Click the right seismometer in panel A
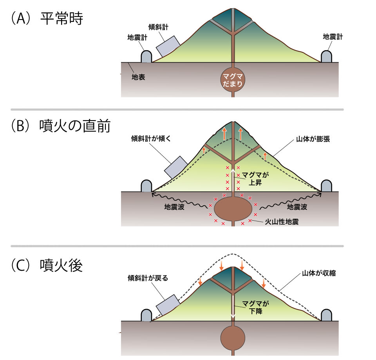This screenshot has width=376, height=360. pos(327,57)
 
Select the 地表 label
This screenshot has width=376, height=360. pos(138,77)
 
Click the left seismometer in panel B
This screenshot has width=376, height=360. pos(146,186)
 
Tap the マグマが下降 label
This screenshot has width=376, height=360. pos(256,308)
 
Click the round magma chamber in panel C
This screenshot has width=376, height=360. pos(233,337)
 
